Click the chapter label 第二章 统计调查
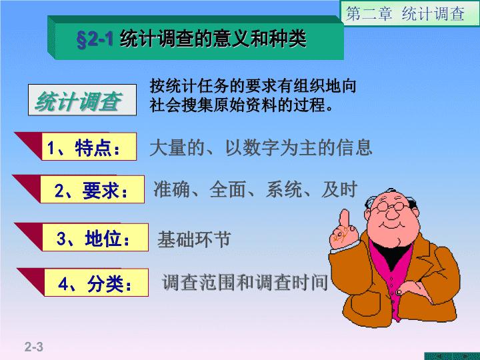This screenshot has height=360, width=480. (405, 14)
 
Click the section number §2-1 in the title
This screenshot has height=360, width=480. (95, 39)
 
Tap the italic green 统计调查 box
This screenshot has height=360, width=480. (82, 100)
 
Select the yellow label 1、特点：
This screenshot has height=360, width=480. (89, 147)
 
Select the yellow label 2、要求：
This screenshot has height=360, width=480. (92, 189)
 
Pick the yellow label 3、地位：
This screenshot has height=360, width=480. (95, 237)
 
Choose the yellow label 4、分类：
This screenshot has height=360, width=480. (97, 283)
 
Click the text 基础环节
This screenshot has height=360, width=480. (194, 239)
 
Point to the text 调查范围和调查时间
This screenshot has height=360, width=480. (245, 282)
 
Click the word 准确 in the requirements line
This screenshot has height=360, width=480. (171, 189)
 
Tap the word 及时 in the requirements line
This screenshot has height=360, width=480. (339, 189)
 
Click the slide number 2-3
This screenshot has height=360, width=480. (34, 347)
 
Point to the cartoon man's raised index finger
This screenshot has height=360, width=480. (345, 219)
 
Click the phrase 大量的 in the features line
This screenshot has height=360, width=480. (177, 147)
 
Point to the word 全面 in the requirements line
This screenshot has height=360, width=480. (227, 189)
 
